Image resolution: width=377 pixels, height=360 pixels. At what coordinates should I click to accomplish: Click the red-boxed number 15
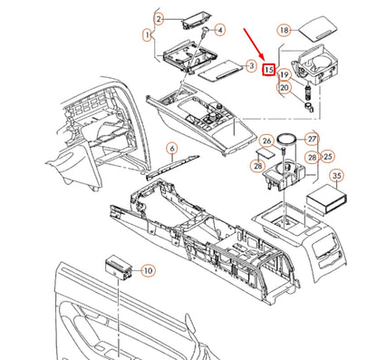click(x=268, y=68)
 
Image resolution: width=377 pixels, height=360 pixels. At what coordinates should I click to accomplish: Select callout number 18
click(x=285, y=30)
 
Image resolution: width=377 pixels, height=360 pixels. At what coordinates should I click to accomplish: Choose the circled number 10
click(x=148, y=269)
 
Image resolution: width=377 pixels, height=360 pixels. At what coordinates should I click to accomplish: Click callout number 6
click(x=170, y=148)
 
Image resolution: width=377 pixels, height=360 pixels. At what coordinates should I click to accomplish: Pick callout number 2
click(x=159, y=18)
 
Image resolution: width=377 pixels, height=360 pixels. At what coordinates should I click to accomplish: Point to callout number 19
click(x=285, y=74)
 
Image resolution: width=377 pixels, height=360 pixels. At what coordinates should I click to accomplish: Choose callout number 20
click(x=285, y=88)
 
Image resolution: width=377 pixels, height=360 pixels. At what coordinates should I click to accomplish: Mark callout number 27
click(x=312, y=139)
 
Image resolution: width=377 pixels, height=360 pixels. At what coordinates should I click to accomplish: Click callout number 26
click(x=266, y=141)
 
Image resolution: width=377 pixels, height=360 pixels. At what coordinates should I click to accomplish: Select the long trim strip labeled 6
click(x=173, y=164)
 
